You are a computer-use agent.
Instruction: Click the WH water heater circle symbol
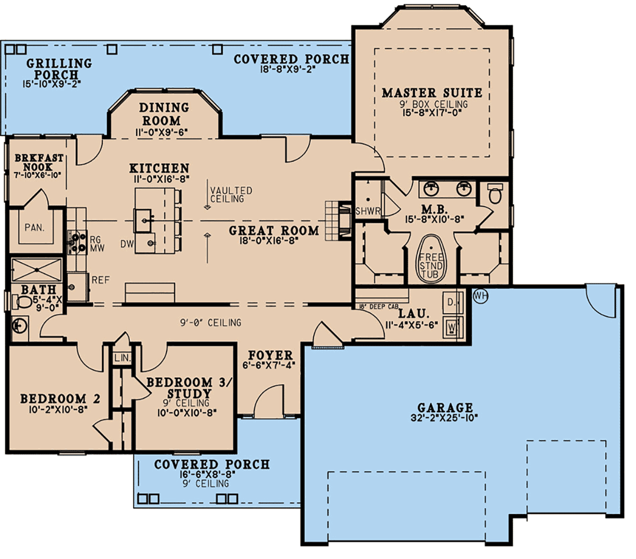coord(480,296)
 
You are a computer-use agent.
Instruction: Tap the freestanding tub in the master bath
coord(431,259)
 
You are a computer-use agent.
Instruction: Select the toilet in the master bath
coord(494,193)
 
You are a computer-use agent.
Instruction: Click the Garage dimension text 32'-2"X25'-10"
coord(444,418)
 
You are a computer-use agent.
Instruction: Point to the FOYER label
coord(270,356)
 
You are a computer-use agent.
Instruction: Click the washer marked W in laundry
coord(452,327)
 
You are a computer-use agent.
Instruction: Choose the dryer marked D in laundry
coord(452,303)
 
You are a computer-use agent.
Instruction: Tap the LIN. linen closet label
coord(122,358)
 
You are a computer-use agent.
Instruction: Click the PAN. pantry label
coord(34,227)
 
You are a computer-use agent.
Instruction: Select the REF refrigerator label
coord(101,280)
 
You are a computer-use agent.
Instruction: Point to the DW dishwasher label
coord(127,244)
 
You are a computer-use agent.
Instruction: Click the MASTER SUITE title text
coord(431,93)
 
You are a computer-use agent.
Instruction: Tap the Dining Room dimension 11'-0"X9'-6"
coord(161,133)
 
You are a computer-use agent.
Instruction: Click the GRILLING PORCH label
coord(59,69)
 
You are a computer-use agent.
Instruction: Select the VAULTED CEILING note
coord(231,194)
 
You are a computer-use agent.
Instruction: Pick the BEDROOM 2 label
coord(60,399)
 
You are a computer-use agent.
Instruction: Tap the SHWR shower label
coord(368,211)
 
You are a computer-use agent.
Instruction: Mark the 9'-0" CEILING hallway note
coord(210,323)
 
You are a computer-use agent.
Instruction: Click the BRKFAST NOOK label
coord(39,162)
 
